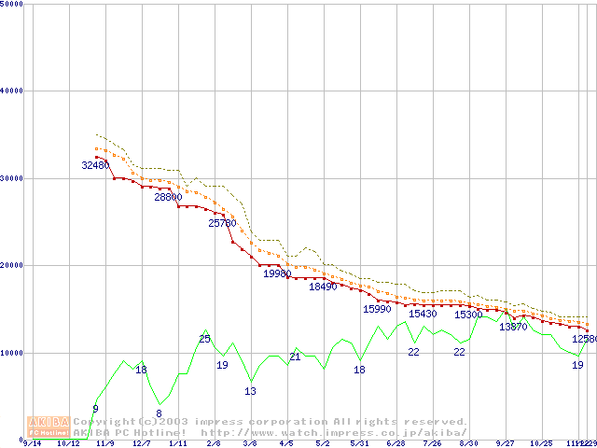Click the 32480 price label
(x=95, y=165)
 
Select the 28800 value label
(x=168, y=197)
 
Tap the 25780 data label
(x=222, y=223)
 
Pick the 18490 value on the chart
(x=323, y=287)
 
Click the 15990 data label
(x=377, y=308)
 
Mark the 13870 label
(x=513, y=327)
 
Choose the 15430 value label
(x=423, y=314)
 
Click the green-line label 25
(x=204, y=339)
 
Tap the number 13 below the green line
(x=250, y=391)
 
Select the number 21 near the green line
(x=294, y=357)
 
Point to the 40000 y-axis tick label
(x=12, y=91)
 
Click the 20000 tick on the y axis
(x=12, y=265)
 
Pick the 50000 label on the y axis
(x=12, y=4)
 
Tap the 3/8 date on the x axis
(x=250, y=443)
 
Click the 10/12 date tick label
(x=68, y=443)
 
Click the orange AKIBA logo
(x=46, y=426)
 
